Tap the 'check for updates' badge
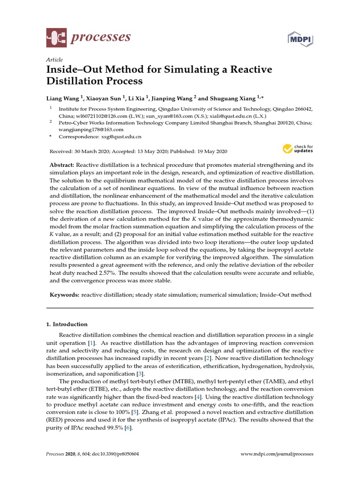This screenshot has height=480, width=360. click(x=298, y=149)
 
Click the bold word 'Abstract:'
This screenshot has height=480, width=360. click(x=62, y=166)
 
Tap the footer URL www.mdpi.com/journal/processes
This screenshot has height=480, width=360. click(x=277, y=454)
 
